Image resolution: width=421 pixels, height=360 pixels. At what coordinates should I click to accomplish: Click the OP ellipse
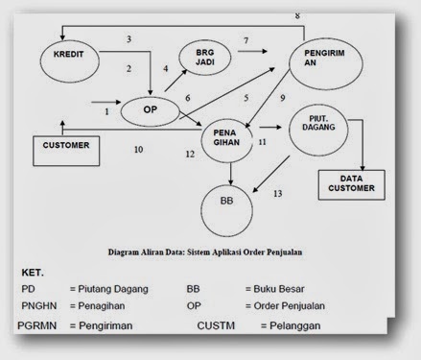point(151,110)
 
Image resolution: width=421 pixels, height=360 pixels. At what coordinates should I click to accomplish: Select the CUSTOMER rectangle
point(65,147)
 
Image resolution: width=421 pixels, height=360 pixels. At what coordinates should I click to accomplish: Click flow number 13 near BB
point(277,193)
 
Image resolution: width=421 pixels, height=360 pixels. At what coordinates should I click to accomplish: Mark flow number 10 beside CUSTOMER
point(138,150)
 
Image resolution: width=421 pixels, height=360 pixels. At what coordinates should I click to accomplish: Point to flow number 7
point(246,40)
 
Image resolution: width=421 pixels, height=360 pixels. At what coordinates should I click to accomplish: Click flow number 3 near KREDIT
point(128,38)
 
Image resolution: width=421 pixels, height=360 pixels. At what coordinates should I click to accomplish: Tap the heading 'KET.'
point(34,272)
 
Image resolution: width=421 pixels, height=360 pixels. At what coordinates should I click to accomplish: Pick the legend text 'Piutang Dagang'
point(114,288)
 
